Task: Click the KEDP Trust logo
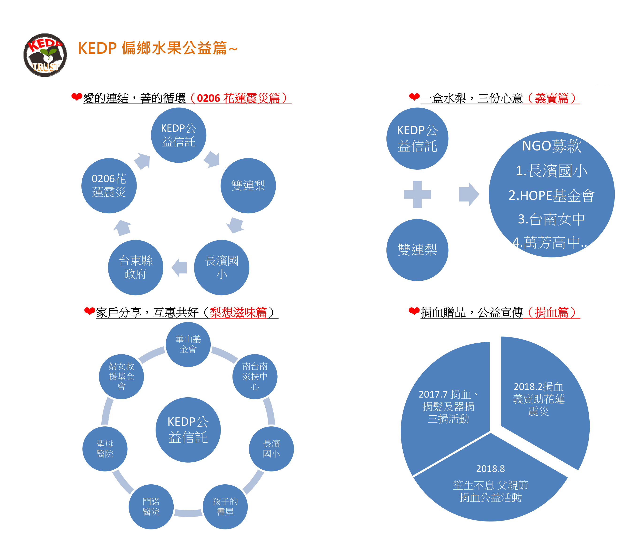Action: click(x=45, y=55)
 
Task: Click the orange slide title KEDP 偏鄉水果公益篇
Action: click(x=157, y=48)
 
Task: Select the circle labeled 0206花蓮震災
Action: click(x=109, y=186)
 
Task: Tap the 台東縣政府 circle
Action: click(x=135, y=267)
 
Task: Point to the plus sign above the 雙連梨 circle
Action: click(x=417, y=194)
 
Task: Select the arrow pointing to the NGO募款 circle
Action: click(x=468, y=194)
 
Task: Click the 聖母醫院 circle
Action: click(x=105, y=449)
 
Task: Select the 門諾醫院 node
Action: click(x=151, y=507)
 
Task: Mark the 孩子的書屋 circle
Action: click(x=225, y=507)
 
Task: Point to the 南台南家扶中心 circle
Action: click(x=255, y=376)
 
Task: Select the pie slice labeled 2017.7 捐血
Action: click(x=447, y=410)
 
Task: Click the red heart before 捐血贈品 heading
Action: click(x=414, y=311)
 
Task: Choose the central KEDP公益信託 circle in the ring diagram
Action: click(x=188, y=429)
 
